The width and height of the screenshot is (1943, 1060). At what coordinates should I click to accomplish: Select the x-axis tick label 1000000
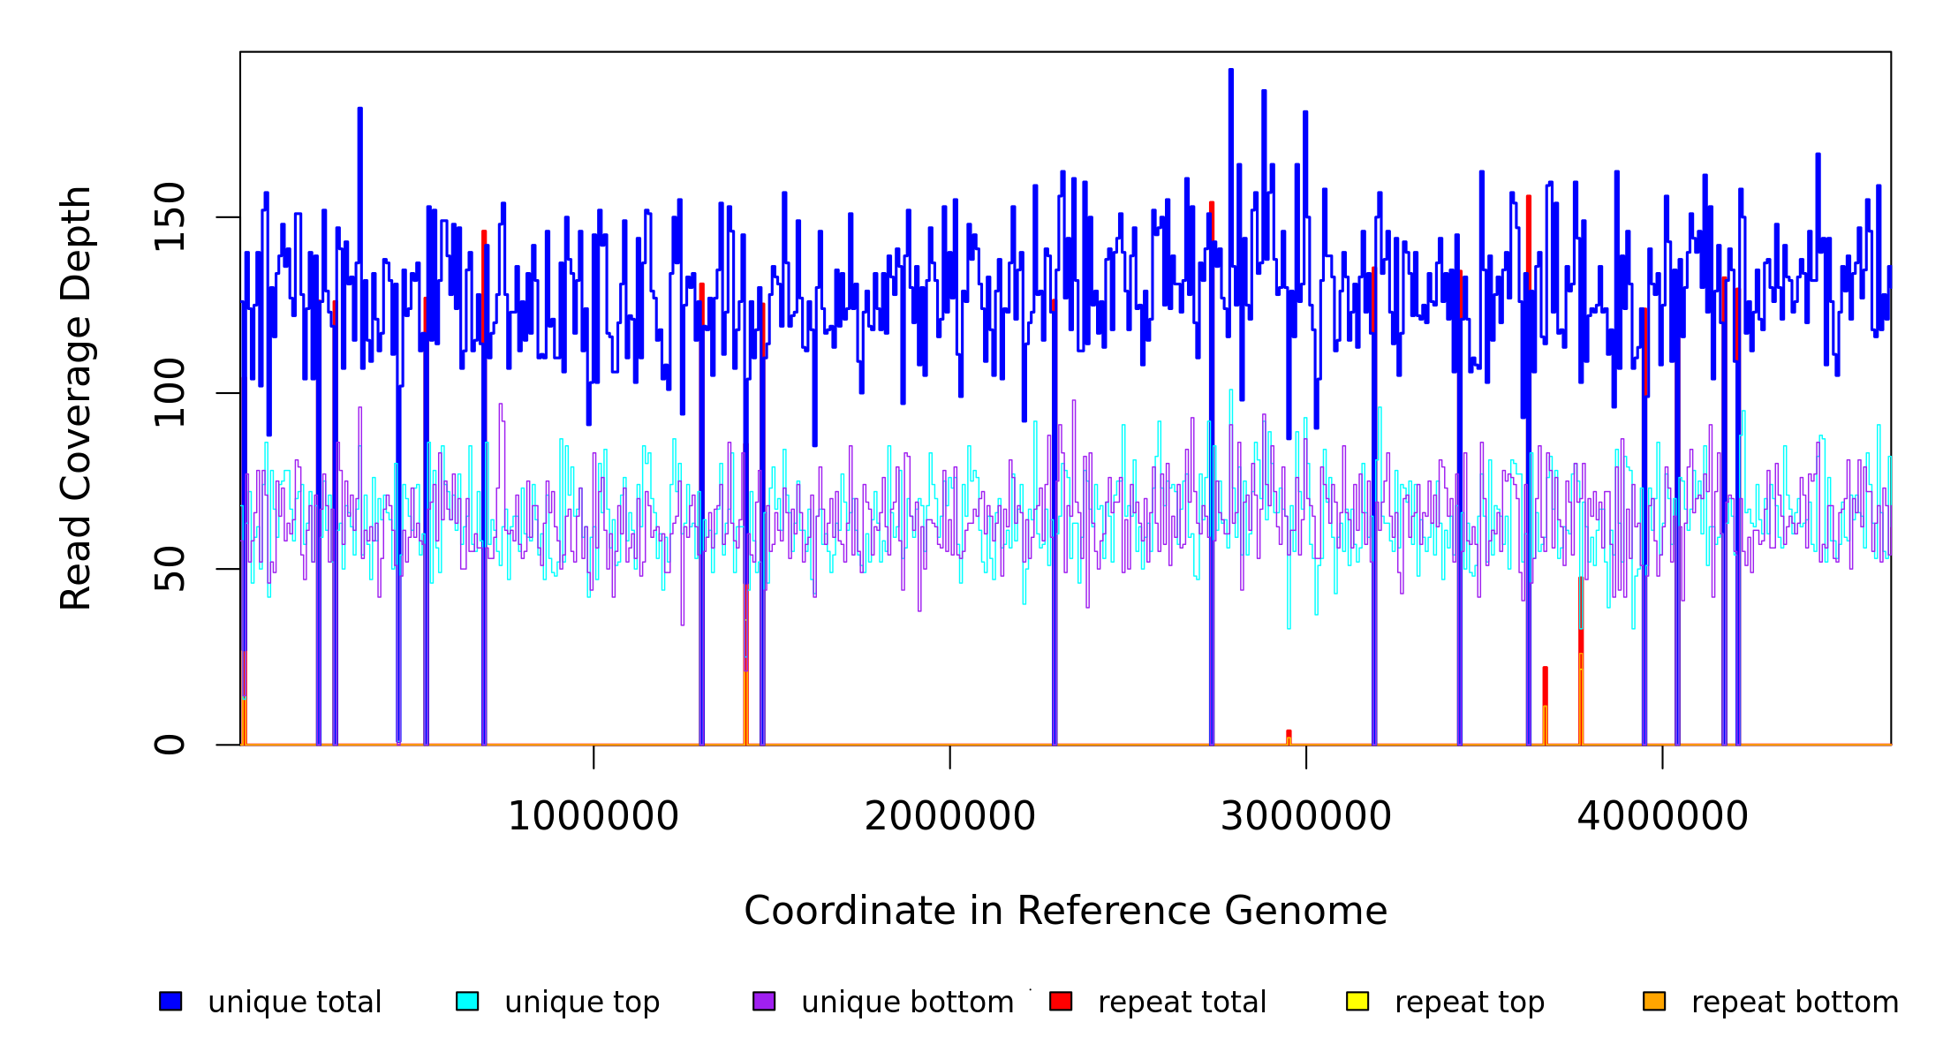593,816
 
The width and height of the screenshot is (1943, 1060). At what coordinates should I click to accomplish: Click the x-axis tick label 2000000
949,816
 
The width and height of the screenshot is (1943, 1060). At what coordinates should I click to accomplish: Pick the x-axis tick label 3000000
1305,816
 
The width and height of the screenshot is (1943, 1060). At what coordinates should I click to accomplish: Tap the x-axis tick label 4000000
1662,816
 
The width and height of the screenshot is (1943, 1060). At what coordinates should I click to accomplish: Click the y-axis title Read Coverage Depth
76,397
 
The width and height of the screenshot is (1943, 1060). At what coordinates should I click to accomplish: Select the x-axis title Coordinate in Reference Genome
1065,911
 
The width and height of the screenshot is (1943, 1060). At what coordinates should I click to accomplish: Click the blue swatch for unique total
170,1001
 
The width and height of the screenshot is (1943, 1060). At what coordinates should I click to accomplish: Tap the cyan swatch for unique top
467,1001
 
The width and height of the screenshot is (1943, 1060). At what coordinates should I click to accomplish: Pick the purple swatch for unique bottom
764,1001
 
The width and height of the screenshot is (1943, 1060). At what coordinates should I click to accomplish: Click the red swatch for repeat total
1061,1001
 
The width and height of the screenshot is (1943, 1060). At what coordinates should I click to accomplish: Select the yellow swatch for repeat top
1357,1001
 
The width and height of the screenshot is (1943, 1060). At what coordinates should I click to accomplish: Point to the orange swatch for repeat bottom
1654,1001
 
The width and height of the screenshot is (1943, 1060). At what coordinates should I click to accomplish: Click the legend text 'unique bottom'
907,1003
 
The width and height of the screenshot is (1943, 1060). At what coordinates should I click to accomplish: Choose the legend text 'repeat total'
1182,1003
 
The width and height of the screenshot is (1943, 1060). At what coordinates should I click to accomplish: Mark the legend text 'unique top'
582,1003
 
